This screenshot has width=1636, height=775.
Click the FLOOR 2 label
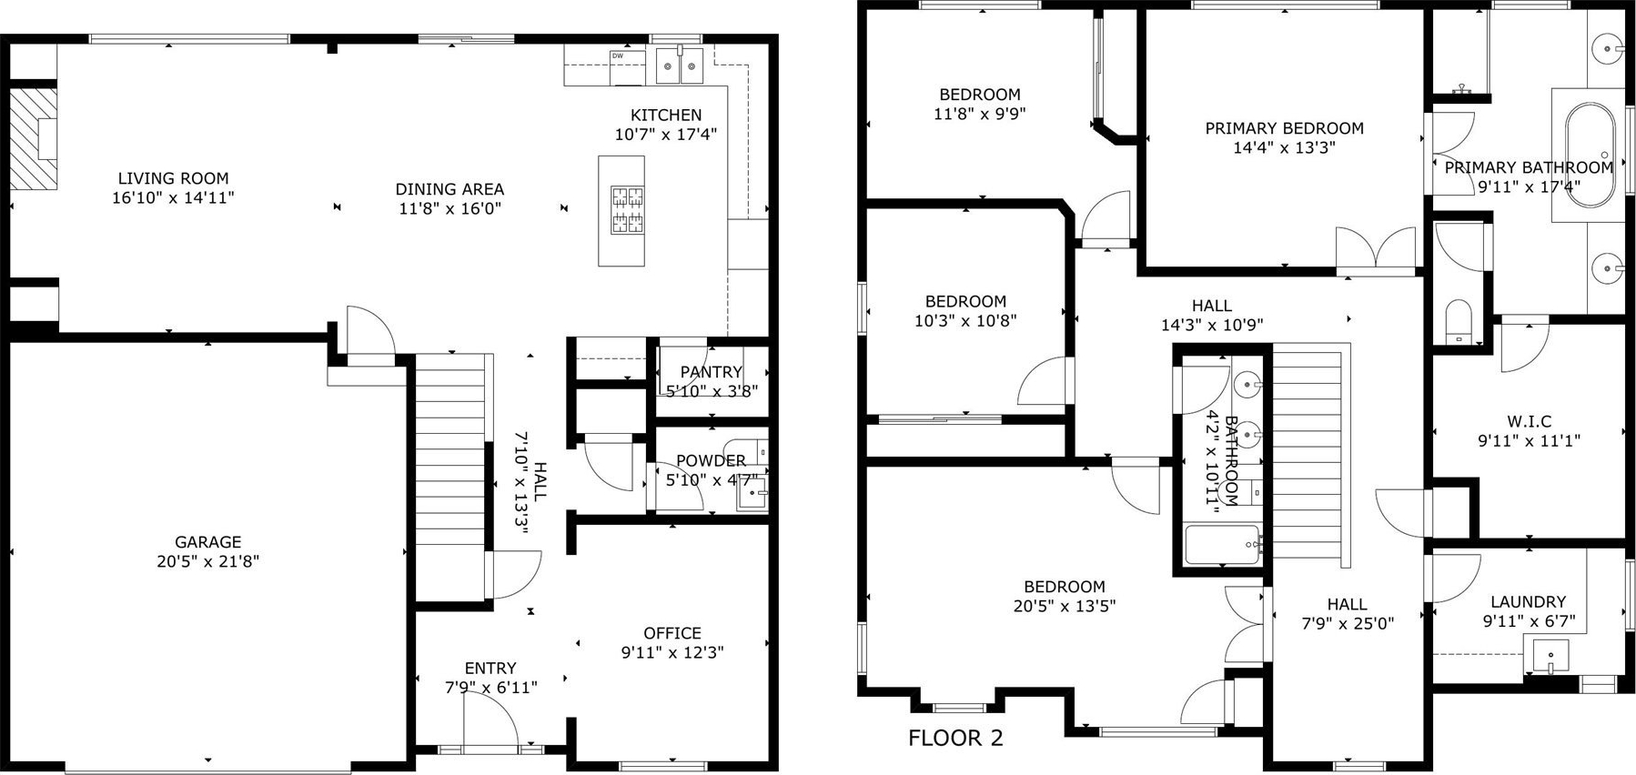point(955,738)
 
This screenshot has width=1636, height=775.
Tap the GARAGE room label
point(208,542)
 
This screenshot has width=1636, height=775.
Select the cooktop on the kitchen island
point(627,210)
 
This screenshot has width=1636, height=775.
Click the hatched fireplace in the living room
point(34,138)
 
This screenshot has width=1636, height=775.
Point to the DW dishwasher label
point(617,56)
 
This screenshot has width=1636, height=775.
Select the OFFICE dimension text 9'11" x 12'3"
point(672,652)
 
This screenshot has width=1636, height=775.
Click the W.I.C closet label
point(1529,421)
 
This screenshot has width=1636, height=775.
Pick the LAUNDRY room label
point(1528,601)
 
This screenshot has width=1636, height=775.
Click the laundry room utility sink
point(1547,655)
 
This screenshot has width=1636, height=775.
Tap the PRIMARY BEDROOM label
point(1284,128)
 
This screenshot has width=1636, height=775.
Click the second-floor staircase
point(1307,455)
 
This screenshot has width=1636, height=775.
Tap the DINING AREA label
point(449,189)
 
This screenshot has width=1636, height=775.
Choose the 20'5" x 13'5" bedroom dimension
point(1065,606)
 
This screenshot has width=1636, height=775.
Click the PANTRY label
point(711,372)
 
